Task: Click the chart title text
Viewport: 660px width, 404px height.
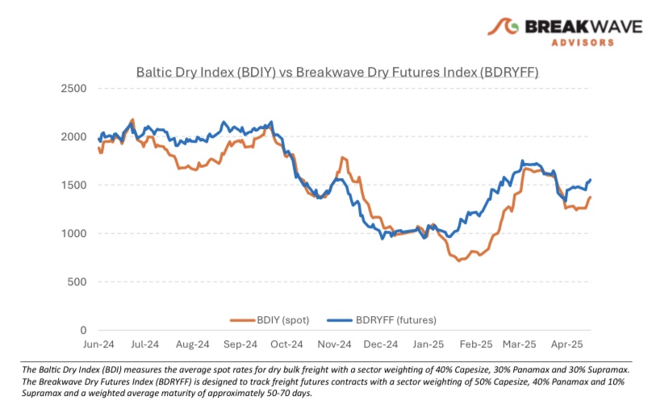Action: pos(336,73)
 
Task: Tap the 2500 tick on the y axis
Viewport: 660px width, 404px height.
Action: pos(76,88)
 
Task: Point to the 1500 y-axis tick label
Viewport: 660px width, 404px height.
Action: pos(76,185)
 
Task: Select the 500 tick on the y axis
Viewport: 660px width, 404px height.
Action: pos(79,281)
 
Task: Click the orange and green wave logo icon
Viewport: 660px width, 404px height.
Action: pos(504,30)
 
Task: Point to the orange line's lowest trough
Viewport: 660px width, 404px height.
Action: pos(458,260)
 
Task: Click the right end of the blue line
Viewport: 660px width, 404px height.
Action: pos(591,180)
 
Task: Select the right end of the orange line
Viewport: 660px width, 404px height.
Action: pos(591,198)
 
